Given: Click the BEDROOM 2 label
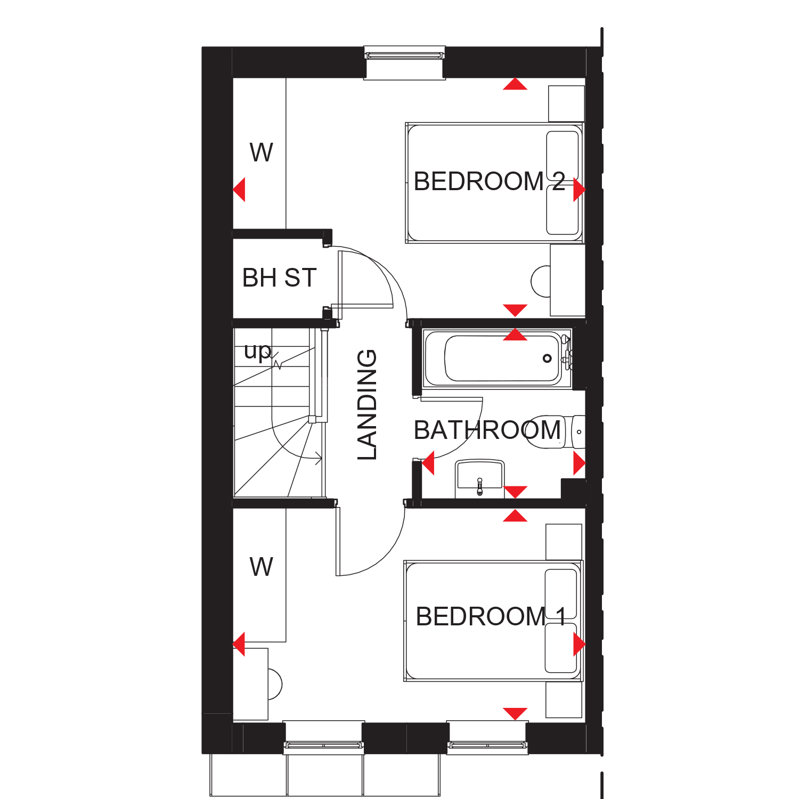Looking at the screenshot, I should click(x=488, y=182).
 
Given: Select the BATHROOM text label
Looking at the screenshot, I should click(x=487, y=430).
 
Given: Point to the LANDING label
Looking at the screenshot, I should click(x=367, y=405).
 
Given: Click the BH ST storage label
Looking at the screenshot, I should click(x=279, y=278).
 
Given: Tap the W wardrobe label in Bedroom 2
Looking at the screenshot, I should click(x=261, y=153).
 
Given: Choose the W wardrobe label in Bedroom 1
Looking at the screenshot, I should click(x=261, y=567).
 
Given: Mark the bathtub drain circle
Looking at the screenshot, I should click(x=547, y=358).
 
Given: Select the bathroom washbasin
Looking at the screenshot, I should click(x=479, y=477).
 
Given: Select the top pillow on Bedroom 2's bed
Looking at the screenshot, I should click(x=562, y=156).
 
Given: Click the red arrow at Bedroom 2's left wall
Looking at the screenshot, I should click(x=240, y=190).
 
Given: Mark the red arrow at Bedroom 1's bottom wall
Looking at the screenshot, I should click(x=515, y=713).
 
